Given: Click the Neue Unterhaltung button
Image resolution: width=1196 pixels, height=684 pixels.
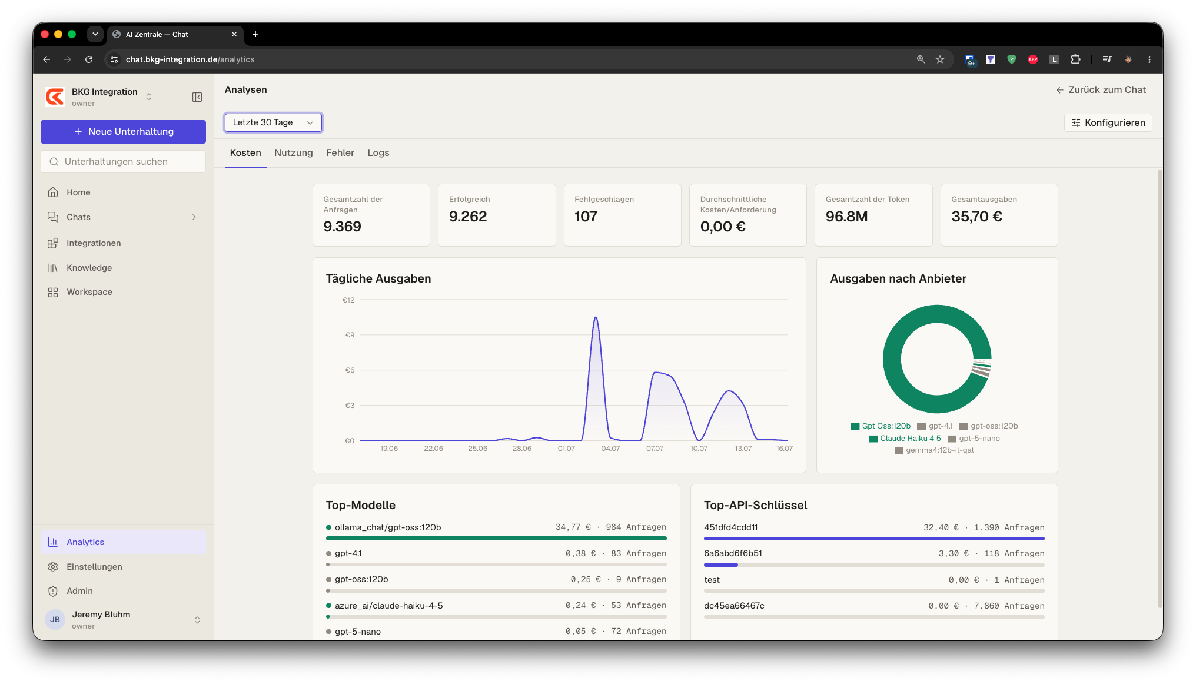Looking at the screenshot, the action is pyautogui.click(x=123, y=132).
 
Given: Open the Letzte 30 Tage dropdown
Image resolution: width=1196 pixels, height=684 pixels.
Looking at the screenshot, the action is pyautogui.click(x=273, y=122).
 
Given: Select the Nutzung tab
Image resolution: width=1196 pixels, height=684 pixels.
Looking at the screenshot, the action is pyautogui.click(x=293, y=153).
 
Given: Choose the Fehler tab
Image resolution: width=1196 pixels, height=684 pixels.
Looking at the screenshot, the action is pyautogui.click(x=340, y=153).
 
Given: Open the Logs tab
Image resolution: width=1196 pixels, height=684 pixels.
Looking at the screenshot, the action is pyautogui.click(x=378, y=153).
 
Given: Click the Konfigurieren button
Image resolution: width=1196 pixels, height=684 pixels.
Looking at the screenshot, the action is pyautogui.click(x=1108, y=122).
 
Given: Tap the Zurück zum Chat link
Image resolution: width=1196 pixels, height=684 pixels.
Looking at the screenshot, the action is pyautogui.click(x=1101, y=90).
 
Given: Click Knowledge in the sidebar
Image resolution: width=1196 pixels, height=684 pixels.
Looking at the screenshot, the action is pyautogui.click(x=89, y=268).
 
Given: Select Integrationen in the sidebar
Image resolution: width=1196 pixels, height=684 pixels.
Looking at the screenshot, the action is pyautogui.click(x=94, y=243).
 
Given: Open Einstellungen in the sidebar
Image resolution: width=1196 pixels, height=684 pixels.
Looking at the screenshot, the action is pyautogui.click(x=94, y=567).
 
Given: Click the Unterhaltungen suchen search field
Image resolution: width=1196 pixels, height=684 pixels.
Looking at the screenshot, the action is pyautogui.click(x=123, y=162).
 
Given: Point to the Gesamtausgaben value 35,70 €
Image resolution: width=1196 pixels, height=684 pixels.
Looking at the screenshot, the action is pyautogui.click(x=976, y=217).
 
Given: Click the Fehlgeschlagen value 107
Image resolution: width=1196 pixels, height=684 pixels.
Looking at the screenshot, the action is pyautogui.click(x=586, y=217).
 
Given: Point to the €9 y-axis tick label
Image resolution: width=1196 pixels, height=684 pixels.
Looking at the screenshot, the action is pyautogui.click(x=350, y=335).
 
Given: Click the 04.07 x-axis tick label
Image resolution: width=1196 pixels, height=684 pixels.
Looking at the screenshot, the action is pyautogui.click(x=610, y=449).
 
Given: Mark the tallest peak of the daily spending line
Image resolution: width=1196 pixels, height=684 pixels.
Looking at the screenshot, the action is pyautogui.click(x=596, y=317).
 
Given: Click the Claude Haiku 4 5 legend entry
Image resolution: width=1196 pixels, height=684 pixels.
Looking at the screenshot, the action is pyautogui.click(x=905, y=439).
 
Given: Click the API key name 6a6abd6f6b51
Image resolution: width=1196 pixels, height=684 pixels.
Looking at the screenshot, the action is pyautogui.click(x=733, y=553).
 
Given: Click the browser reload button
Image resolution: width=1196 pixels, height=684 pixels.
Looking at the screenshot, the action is pyautogui.click(x=89, y=59).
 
